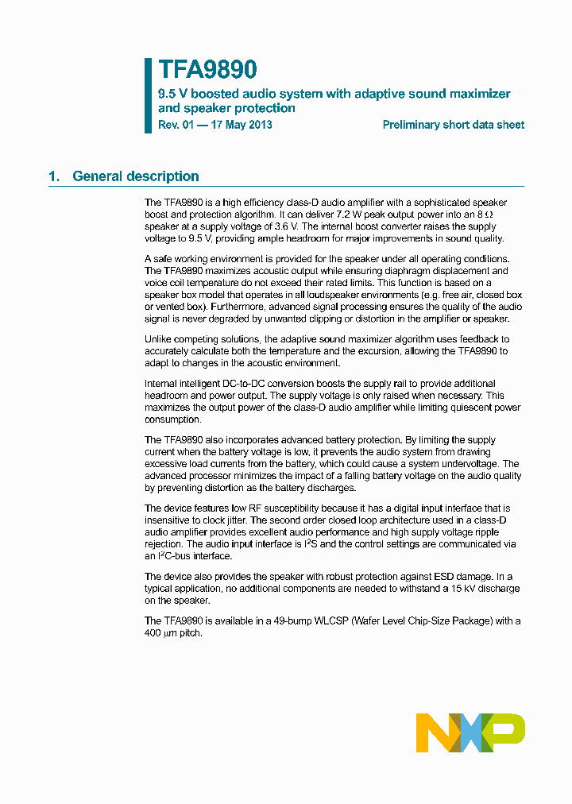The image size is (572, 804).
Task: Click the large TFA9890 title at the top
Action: (x=207, y=70)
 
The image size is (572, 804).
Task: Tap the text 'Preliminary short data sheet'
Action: (x=453, y=125)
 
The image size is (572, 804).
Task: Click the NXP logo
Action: (x=470, y=732)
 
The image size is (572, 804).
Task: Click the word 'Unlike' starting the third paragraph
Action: (x=159, y=339)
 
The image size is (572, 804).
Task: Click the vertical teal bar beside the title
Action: (x=148, y=95)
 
